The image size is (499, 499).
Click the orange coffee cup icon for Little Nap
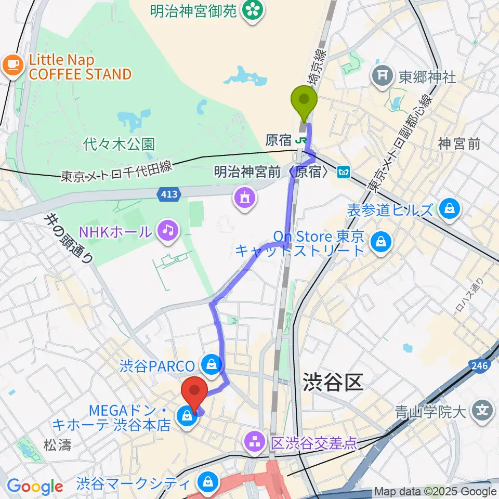12,65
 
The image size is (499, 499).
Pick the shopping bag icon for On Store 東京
382,241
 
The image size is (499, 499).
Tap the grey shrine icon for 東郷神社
383,76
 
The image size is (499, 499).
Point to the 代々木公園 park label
119,144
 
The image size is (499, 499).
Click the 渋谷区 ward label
332,383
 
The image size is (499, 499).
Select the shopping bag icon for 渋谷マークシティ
208,482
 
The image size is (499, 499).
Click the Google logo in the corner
35,487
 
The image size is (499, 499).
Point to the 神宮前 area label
459,144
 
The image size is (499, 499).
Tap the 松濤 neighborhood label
57,445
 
